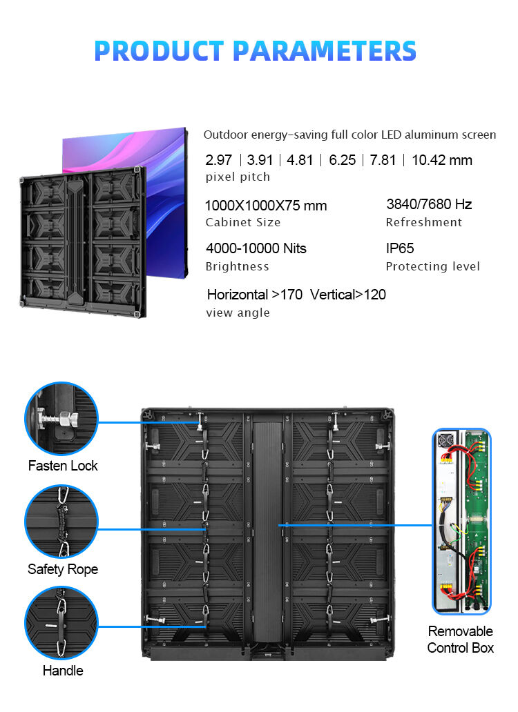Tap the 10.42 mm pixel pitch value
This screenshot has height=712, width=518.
pos(442,160)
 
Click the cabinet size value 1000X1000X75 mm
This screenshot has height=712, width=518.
pos(266,206)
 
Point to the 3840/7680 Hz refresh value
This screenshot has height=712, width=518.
pos(429,204)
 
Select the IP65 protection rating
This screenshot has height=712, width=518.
pos(400,248)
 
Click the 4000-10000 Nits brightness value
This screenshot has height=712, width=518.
pos(256,248)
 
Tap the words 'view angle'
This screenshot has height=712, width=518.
pos(238,313)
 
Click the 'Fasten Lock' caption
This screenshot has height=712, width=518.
pos(63,466)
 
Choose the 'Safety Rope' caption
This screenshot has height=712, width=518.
pos(63,569)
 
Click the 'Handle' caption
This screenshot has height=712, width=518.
pos(63,671)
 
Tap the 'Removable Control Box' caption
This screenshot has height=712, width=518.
pos(461,640)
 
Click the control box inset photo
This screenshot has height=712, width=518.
pos(461,521)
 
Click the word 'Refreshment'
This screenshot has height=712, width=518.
pos(424,222)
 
